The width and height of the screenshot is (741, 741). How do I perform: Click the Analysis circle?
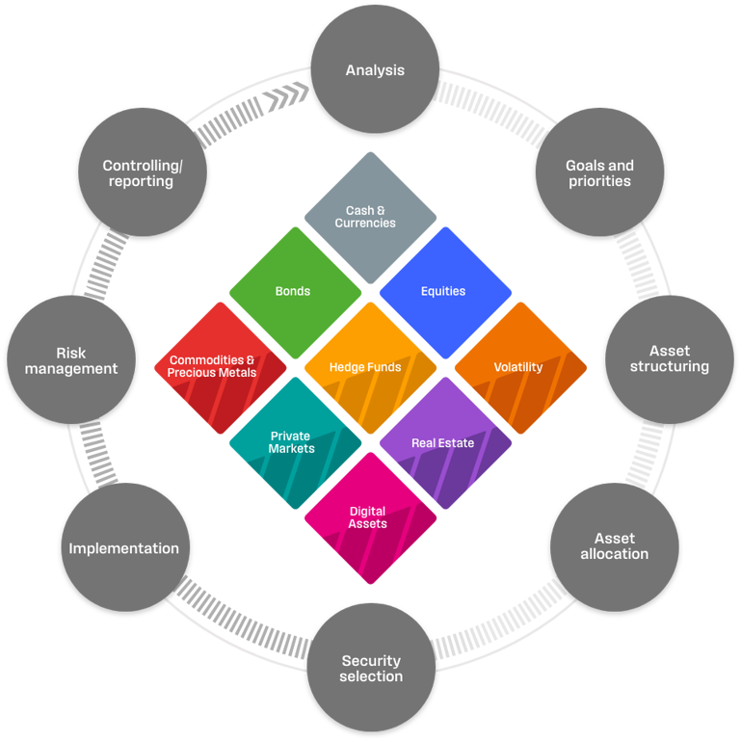[375, 69]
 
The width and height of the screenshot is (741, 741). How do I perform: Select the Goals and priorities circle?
[598, 172]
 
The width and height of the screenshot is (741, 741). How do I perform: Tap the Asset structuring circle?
[669, 358]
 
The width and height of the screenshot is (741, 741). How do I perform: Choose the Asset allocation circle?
[614, 546]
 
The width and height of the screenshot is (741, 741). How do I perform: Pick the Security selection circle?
[371, 669]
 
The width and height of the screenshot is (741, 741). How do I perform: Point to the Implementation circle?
[124, 547]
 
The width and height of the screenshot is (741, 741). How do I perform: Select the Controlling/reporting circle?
[142, 172]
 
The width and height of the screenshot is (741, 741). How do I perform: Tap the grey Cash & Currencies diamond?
[370, 216]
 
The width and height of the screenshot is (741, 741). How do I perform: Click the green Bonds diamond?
[295, 291]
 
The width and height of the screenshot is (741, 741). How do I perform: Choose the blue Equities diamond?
[444, 291]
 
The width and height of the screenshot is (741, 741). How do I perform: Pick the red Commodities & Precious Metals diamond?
[220, 366]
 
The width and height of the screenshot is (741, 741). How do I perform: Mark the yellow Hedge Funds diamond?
[370, 366]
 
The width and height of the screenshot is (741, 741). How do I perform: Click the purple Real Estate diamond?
[444, 442]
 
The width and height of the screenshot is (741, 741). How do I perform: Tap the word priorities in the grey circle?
[598, 181]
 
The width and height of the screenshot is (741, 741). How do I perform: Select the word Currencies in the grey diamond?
[365, 223]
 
